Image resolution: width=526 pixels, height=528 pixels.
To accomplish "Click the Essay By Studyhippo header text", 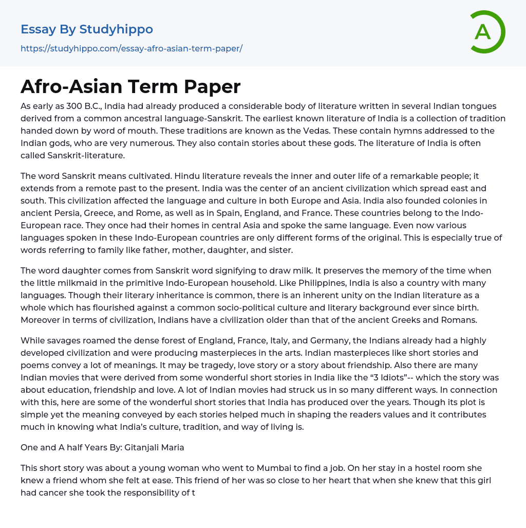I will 87,29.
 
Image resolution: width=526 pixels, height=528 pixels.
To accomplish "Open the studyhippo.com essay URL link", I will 131,48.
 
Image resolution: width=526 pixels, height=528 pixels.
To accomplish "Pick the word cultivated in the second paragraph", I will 146,176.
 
